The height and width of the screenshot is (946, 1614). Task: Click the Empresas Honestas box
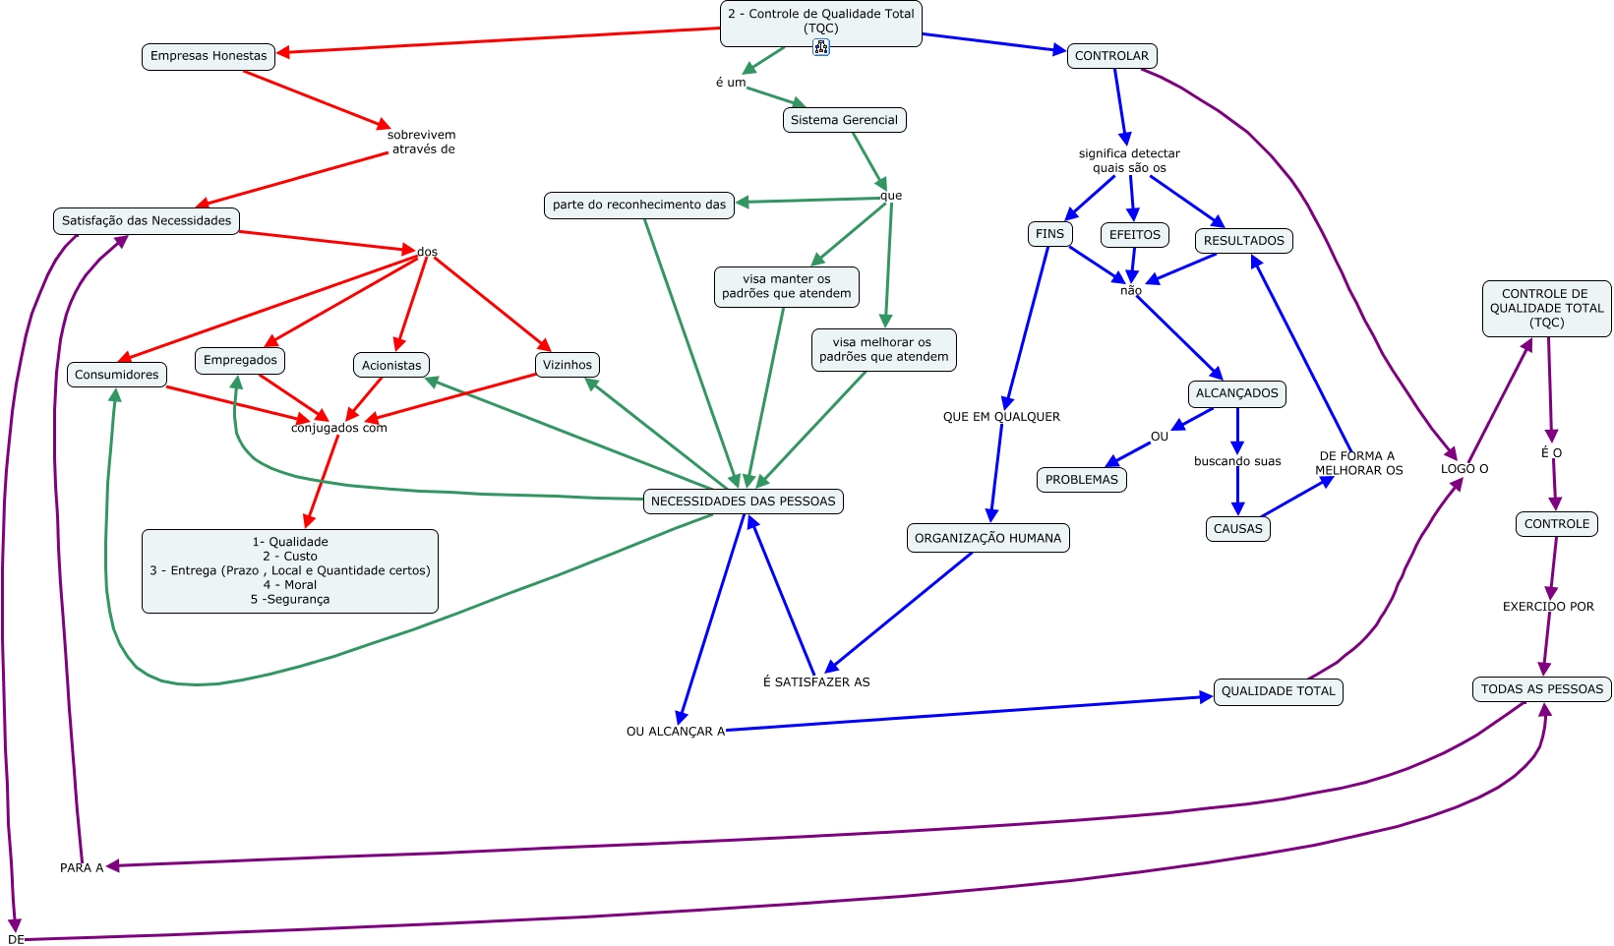tap(209, 56)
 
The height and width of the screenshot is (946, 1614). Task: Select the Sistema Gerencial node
tap(844, 120)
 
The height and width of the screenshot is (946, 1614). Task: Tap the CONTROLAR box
tap(1111, 56)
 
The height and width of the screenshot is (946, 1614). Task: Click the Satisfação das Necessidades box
tap(147, 221)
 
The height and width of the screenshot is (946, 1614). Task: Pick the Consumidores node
tap(117, 375)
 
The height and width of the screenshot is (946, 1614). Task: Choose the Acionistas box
tap(391, 366)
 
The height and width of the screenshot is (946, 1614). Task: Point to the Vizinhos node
tap(568, 365)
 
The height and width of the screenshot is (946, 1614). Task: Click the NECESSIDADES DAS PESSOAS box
tap(743, 502)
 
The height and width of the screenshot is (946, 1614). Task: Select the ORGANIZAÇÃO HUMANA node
tap(987, 538)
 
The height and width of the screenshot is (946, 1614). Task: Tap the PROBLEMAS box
tap(1081, 480)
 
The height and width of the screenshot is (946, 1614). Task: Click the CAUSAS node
tap(1237, 529)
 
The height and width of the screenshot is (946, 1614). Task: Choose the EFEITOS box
tap(1135, 235)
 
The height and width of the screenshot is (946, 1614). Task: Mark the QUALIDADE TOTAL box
tap(1278, 691)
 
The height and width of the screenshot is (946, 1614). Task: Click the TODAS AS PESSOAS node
tap(1541, 689)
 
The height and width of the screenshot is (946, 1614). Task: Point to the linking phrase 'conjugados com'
tap(339, 428)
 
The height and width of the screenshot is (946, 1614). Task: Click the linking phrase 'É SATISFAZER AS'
tap(816, 682)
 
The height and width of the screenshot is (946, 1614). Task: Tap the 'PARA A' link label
tap(82, 868)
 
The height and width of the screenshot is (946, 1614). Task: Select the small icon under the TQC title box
tap(821, 47)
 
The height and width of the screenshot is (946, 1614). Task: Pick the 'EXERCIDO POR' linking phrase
tap(1548, 607)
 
